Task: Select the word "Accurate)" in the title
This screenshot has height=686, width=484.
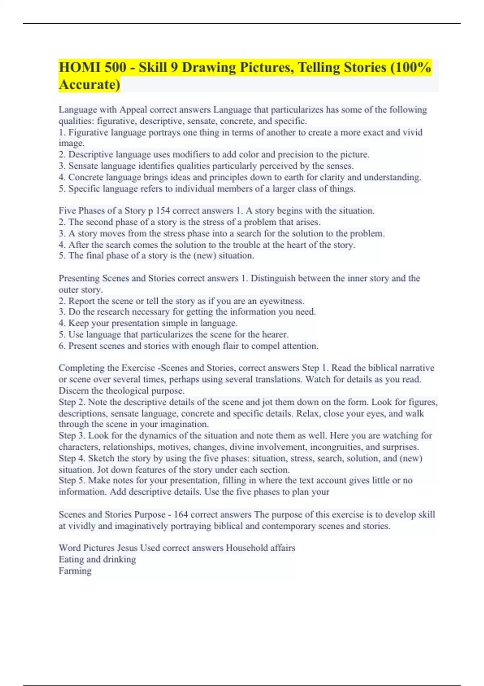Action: tap(90, 85)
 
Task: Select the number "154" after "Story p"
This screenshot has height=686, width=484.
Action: tap(163, 211)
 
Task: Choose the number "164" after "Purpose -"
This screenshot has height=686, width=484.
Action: tap(181, 514)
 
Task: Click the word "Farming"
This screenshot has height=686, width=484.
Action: tap(75, 571)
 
